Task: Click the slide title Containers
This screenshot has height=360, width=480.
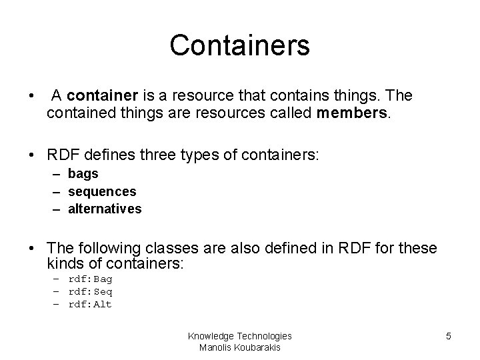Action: [x=239, y=45]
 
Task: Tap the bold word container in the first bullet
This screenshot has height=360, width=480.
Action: [x=95, y=96]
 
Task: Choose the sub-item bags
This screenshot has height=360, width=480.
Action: [x=83, y=174]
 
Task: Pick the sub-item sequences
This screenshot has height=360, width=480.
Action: [x=102, y=191]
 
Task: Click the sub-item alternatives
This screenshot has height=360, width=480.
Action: [x=105, y=209]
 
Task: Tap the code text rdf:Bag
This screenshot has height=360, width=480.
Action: [x=90, y=279]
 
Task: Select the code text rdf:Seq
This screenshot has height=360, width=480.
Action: [x=90, y=292]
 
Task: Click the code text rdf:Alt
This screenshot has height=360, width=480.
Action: [x=90, y=305]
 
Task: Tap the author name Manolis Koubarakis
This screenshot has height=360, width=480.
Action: [x=240, y=347]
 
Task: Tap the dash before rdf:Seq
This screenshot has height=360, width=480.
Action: [x=58, y=292]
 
